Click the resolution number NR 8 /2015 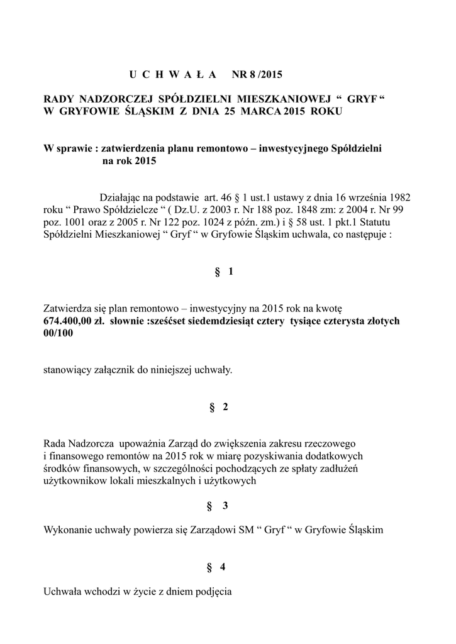[x=258, y=75]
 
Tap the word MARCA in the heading [x=259, y=111]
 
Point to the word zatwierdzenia [x=133, y=148]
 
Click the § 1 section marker [x=225, y=272]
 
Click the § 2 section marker [x=220, y=407]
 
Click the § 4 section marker [x=216, y=567]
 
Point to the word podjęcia [x=214, y=591]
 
